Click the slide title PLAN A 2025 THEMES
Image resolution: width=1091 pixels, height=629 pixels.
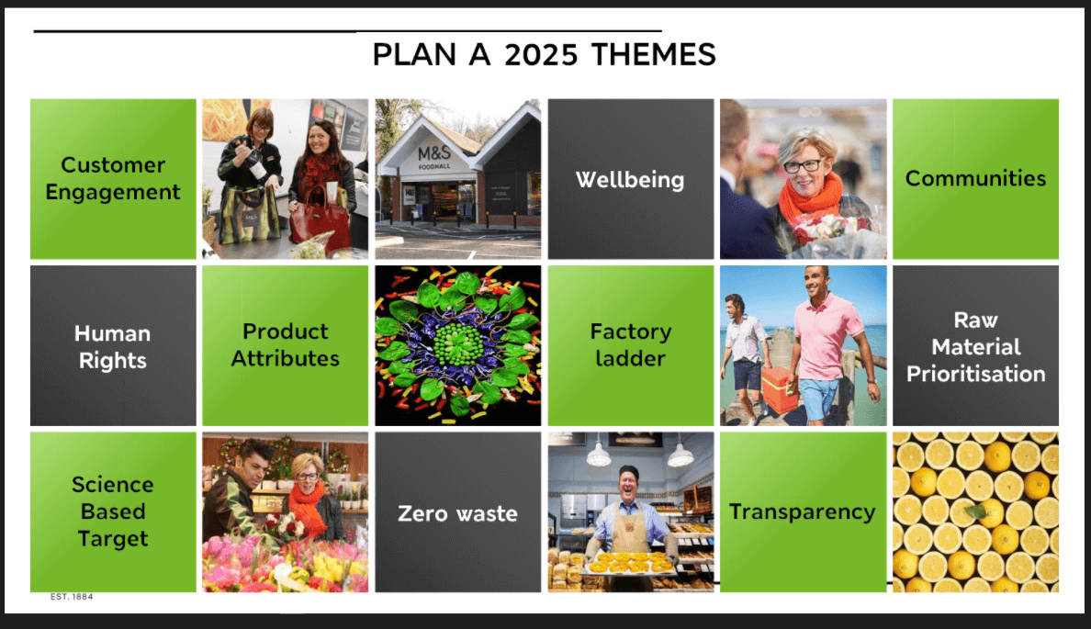(544, 54)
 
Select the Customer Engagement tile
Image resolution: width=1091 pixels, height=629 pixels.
(113, 178)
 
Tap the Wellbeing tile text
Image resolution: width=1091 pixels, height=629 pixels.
(630, 179)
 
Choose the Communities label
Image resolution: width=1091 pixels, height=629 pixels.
(975, 178)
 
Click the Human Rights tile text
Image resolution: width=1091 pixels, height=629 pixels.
(113, 346)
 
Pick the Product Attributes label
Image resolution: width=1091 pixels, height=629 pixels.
(286, 344)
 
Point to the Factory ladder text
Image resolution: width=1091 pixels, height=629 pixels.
(630, 344)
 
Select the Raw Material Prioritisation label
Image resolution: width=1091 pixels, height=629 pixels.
(975, 346)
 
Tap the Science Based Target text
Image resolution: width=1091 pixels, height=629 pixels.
(113, 511)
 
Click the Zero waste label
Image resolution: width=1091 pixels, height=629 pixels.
(458, 513)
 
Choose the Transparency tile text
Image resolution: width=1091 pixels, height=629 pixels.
(803, 512)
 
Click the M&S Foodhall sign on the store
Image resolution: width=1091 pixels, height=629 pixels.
(434, 157)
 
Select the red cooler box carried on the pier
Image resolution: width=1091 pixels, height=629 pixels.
(780, 388)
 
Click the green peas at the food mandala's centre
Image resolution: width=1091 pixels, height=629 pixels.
(457, 343)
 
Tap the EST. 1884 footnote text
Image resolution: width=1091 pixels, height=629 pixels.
(72, 597)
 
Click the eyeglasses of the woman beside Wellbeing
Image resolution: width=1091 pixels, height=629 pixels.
(803, 166)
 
